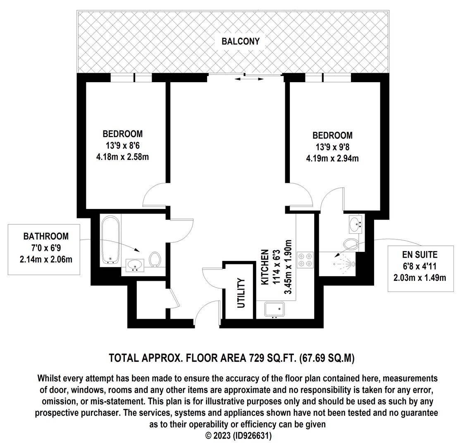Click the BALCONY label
[240, 41]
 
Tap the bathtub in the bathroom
[110, 239]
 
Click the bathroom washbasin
[135, 265]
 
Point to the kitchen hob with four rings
[305, 260]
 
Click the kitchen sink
[274, 309]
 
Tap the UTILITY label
[241, 293]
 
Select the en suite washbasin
[356, 224]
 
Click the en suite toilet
[351, 244]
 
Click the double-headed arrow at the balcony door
[250, 79]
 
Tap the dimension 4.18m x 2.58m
[122, 157]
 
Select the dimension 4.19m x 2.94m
[332, 159]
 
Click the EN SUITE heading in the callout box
[420, 254]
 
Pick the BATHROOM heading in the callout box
[46, 236]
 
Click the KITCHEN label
[265, 267]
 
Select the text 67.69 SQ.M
[327, 358]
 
